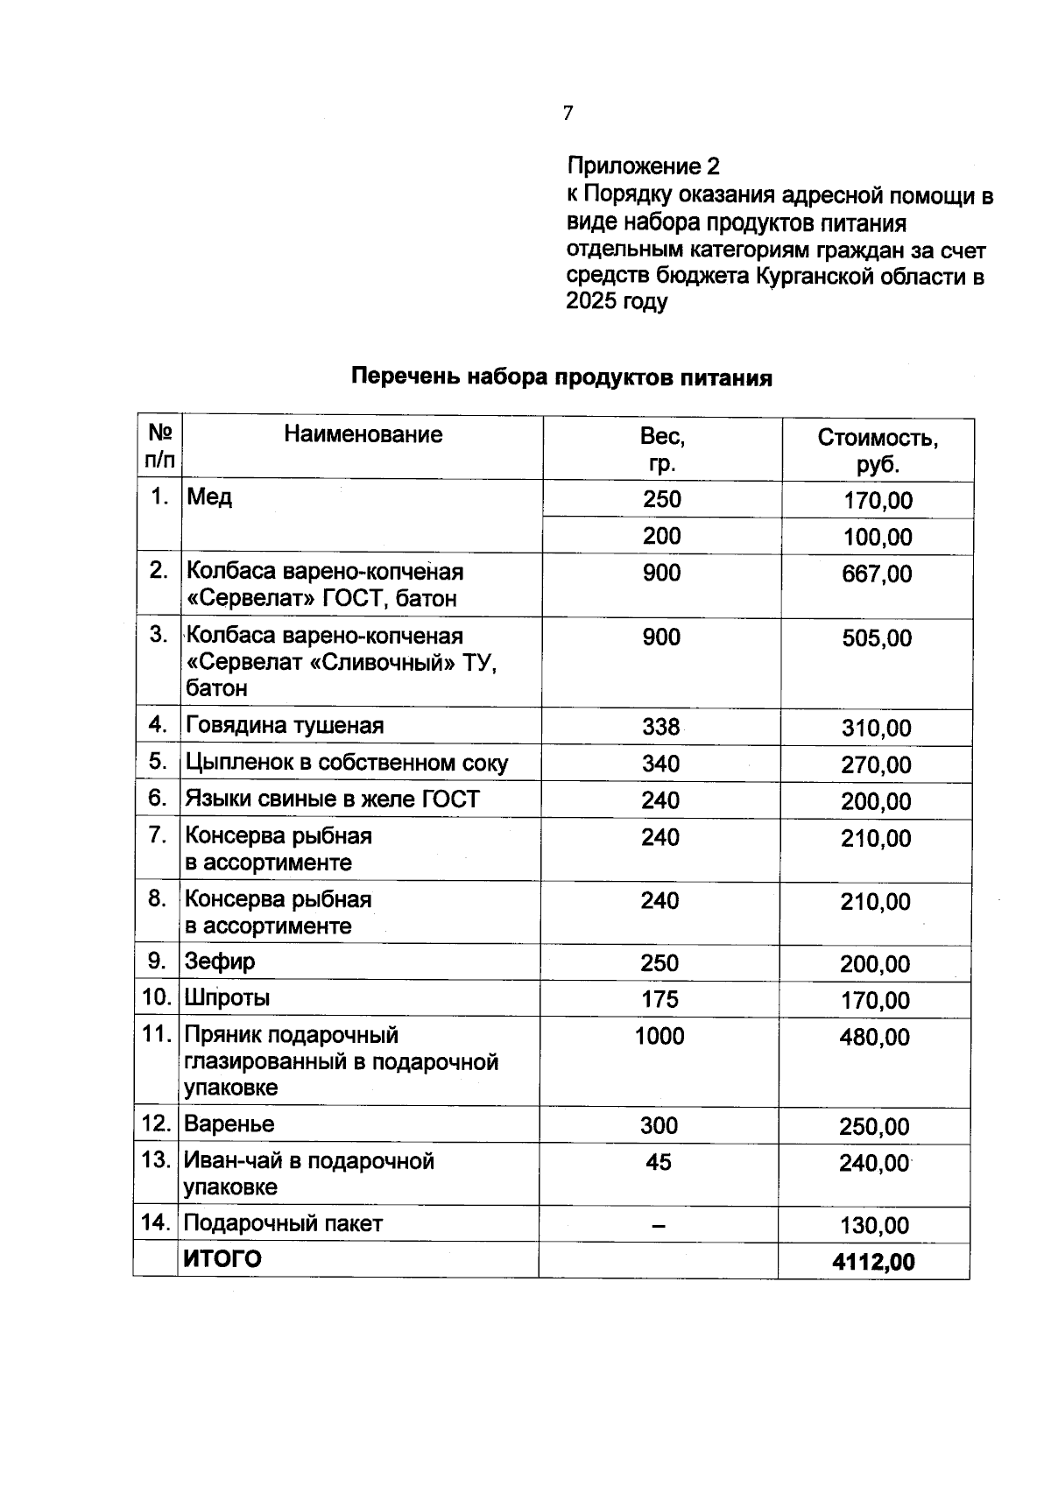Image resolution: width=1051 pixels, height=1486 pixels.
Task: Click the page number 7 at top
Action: coord(568,113)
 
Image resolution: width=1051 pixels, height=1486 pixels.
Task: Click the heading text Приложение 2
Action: coord(643,166)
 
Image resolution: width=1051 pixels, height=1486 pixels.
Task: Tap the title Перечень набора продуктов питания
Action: coord(561,377)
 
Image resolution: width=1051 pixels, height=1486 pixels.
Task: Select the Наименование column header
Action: coord(363,434)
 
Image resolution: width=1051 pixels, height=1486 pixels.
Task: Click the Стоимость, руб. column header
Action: coord(878,450)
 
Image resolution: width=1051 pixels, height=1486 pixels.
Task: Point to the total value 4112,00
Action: coord(873,1262)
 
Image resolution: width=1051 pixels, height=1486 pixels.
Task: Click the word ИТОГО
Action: coord(222,1259)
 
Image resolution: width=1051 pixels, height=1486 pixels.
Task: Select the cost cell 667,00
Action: coord(877,574)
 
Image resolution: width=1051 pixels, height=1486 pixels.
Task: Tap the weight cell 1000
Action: coord(660,1037)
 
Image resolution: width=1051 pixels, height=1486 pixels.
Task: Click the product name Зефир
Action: coord(220,961)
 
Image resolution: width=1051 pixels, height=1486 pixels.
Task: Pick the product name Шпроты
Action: coord(227,998)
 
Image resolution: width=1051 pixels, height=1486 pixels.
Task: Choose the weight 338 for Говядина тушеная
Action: coord(660,727)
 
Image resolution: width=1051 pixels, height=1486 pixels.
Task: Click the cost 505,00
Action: coord(877,638)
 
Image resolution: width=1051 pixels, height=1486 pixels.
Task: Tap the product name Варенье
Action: coord(229,1124)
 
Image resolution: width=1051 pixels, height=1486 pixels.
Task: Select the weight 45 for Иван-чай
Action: coord(658,1162)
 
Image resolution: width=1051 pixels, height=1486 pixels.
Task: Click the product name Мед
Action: coord(208,497)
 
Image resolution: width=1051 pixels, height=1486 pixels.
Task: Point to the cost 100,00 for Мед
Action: coord(878,538)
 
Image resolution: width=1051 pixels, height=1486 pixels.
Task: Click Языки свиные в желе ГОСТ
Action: coord(332,799)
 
